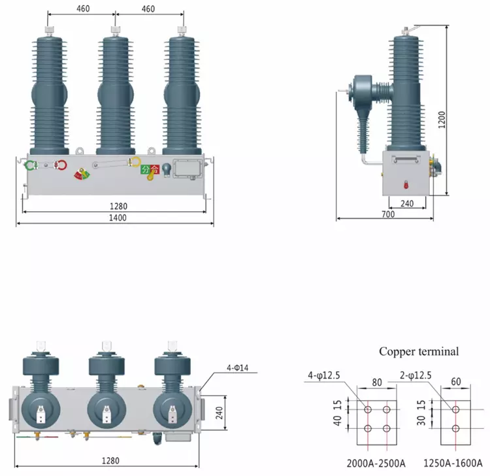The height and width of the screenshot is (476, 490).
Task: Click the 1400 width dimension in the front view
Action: [118, 218]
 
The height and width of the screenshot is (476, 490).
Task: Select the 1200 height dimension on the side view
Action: [441, 118]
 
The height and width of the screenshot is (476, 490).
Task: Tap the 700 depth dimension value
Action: [389, 214]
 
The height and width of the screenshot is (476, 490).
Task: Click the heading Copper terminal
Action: [419, 351]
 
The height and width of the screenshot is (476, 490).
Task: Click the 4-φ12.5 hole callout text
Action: [323, 375]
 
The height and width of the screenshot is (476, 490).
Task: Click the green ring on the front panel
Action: [29, 165]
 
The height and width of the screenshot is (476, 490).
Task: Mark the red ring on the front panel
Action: [61, 165]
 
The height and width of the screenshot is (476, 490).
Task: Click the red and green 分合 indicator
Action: [150, 170]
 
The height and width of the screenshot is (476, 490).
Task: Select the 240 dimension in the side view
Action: [407, 203]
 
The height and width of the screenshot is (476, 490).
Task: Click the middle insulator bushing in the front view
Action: [116, 92]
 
